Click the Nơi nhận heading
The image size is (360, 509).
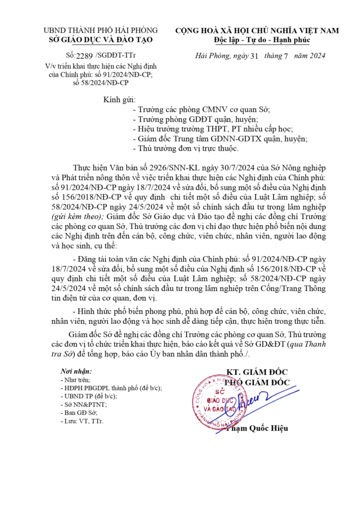tap(77, 370)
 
